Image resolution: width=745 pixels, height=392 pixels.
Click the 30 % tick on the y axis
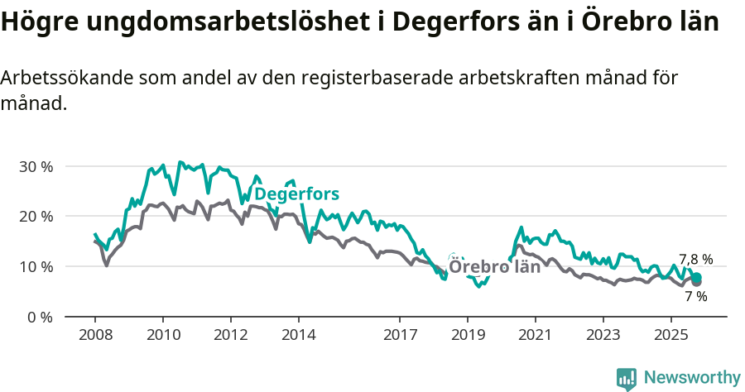coord(36,166)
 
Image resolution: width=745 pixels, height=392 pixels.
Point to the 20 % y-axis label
coord(36,217)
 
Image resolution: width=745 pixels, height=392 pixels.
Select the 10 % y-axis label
coord(36,266)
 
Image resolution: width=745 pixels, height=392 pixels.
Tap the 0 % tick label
coord(40,317)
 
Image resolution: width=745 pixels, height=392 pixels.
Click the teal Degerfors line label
coord(296,194)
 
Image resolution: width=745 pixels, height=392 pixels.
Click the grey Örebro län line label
coord(494,267)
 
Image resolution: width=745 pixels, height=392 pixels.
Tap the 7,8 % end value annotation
coord(695,259)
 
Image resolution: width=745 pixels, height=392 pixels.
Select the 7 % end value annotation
coord(695,296)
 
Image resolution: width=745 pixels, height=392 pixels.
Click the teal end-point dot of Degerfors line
coord(697,277)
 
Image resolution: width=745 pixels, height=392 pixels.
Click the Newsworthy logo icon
coord(627,379)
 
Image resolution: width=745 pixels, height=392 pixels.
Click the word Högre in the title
coord(37,22)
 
